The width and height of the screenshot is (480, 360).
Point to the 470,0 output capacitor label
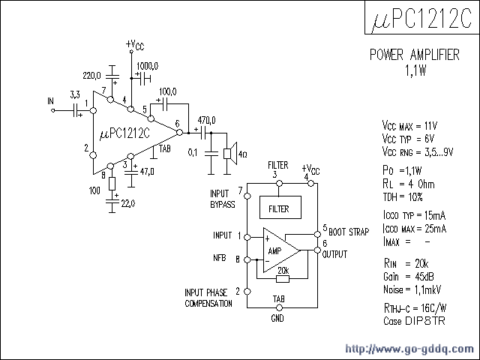205,120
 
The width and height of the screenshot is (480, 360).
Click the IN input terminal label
50,100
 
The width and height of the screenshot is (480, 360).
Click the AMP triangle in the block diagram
278,250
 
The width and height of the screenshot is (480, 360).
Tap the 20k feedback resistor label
282,270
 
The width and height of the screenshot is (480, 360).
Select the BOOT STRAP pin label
348,232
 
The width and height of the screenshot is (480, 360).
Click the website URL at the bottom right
409,349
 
